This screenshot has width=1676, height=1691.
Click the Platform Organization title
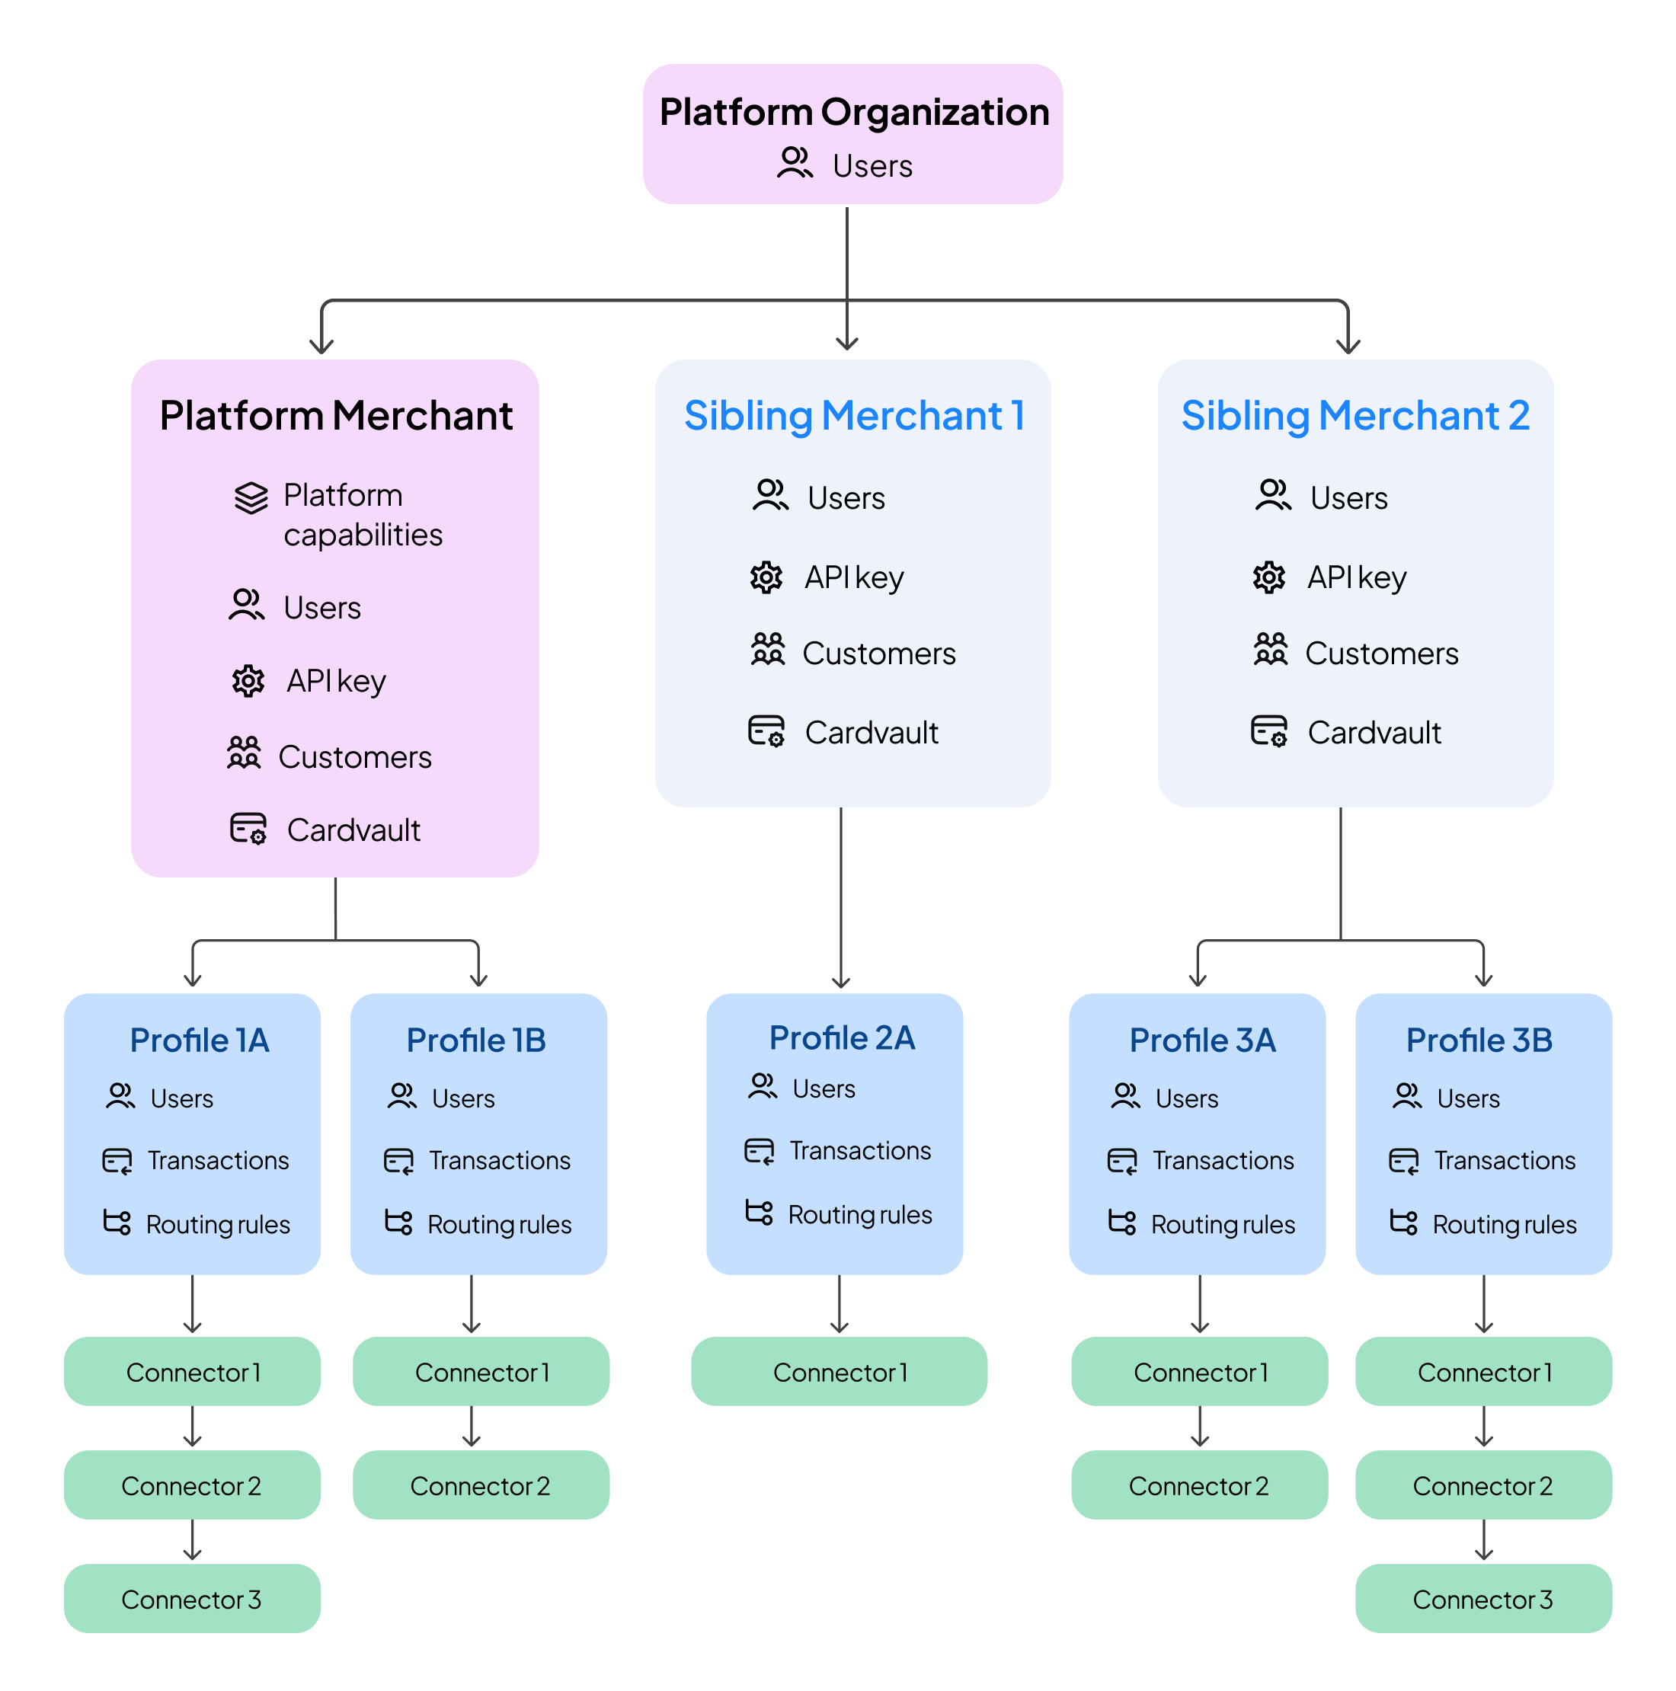[x=853, y=112]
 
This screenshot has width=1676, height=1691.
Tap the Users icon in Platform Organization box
[x=794, y=164]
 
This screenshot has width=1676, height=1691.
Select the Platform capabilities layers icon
[x=251, y=497]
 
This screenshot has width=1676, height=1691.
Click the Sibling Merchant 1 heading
[x=853, y=415]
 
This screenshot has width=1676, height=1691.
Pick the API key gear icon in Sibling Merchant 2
[x=1268, y=577]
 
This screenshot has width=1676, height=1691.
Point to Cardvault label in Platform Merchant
[x=353, y=830]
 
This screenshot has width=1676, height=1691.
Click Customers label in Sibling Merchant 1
[x=878, y=653]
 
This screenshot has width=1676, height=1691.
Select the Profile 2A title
[x=841, y=1037]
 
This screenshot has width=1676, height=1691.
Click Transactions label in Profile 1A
[x=218, y=1160]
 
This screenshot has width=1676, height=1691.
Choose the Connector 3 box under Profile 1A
[x=192, y=1598]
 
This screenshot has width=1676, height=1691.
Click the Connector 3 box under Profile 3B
[x=1482, y=1598]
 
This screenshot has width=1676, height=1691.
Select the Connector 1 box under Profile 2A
[x=839, y=1372]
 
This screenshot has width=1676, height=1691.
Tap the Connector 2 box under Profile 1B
[x=481, y=1485]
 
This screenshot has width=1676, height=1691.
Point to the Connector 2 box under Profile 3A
[x=1198, y=1485]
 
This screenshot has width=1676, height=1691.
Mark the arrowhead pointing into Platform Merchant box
[x=322, y=346]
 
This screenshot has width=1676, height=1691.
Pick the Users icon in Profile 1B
[x=401, y=1096]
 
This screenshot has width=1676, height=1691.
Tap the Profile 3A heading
[x=1201, y=1040]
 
